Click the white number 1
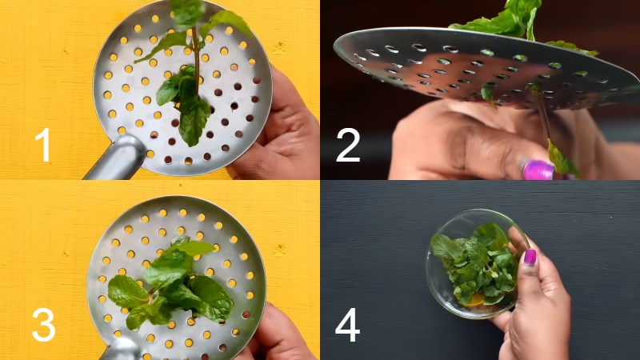(x=43, y=145)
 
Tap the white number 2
(x=348, y=145)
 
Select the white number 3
(x=43, y=325)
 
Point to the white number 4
(x=347, y=325)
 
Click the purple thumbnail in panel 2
(x=538, y=170)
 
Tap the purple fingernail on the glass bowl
(x=530, y=257)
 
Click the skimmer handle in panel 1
(x=117, y=158)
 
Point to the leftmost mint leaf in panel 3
(x=126, y=291)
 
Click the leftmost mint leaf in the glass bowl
(x=444, y=247)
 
